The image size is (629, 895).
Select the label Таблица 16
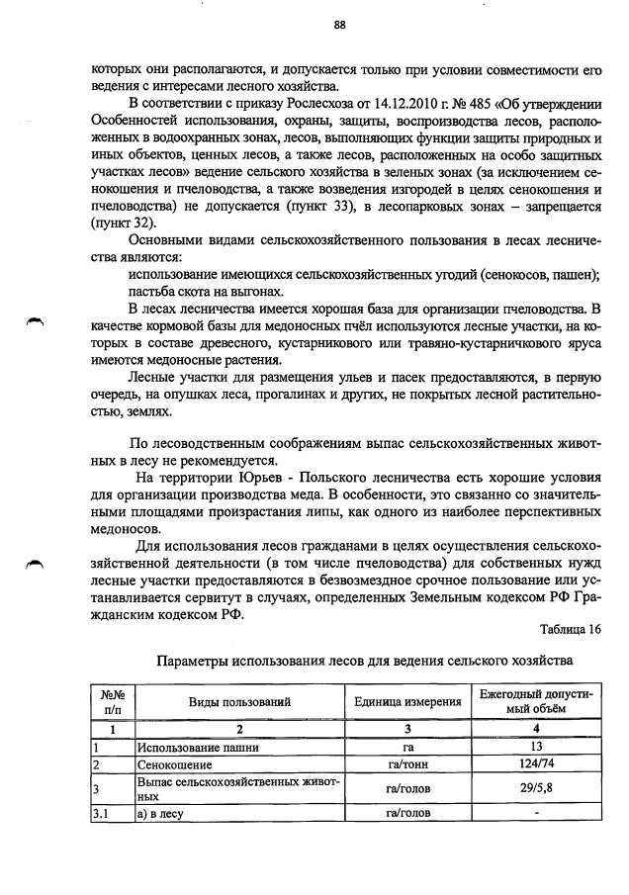(x=571, y=629)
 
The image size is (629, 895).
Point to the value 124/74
(x=535, y=764)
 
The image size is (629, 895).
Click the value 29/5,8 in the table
(x=535, y=789)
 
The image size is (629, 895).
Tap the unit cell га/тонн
(x=408, y=764)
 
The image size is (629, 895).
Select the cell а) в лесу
(x=162, y=814)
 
